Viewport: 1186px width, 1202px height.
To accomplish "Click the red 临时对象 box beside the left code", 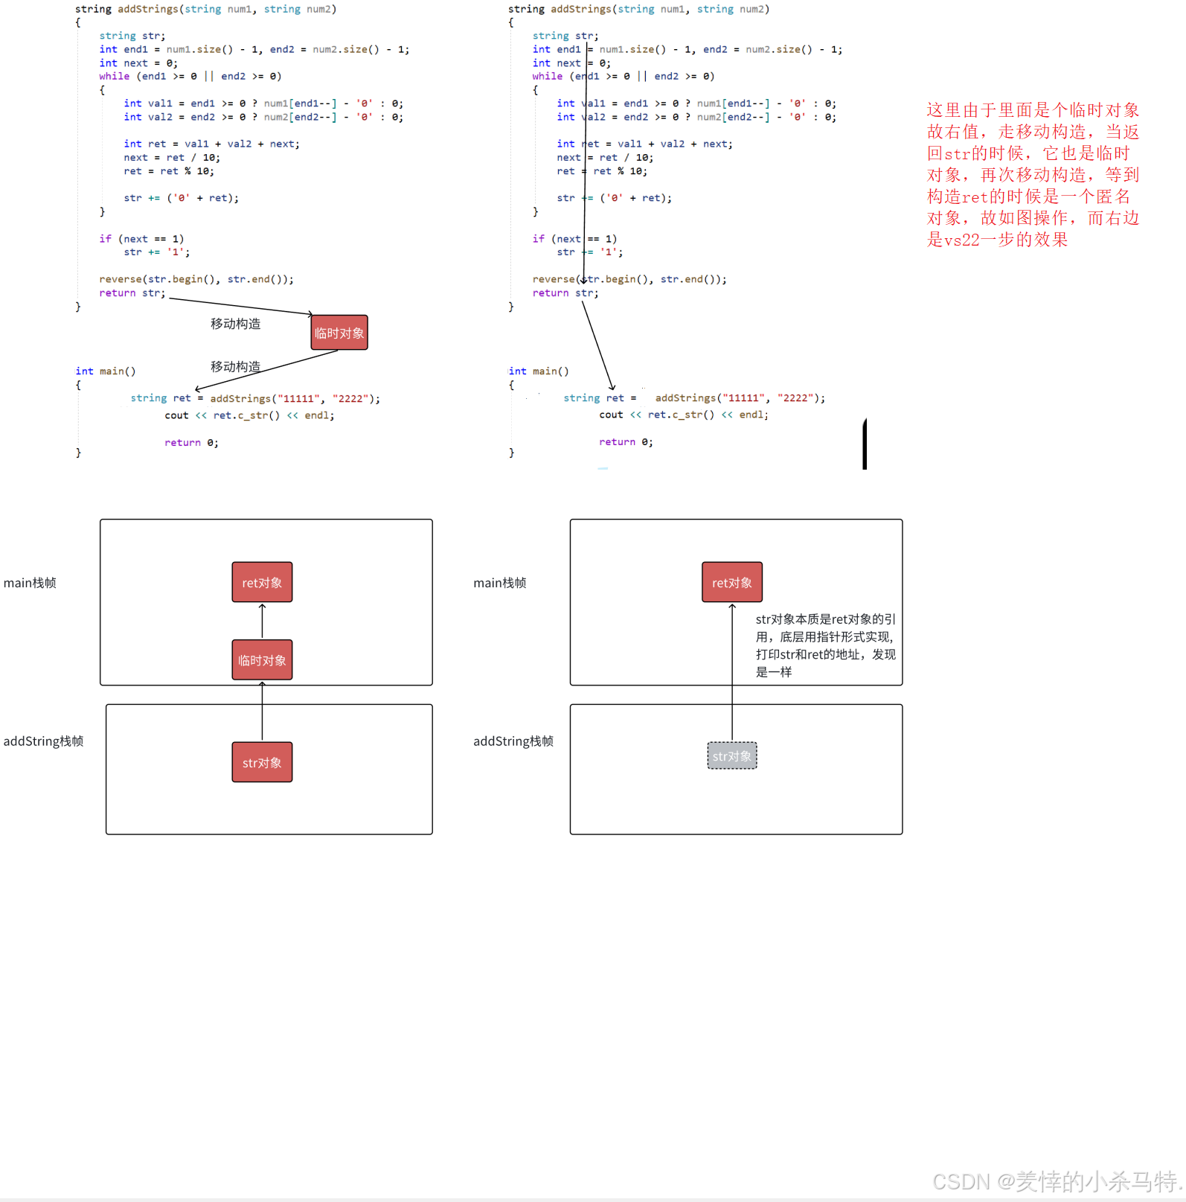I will (339, 333).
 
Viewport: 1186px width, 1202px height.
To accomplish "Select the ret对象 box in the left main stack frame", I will (262, 582).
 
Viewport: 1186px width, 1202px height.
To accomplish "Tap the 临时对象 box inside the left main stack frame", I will (262, 660).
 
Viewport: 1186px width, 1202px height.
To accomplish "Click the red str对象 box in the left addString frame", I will (262, 762).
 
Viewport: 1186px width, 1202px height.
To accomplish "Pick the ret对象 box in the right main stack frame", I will (732, 582).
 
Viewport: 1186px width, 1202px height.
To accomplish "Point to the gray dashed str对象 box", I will (732, 756).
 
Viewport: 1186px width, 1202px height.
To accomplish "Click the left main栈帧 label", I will (30, 583).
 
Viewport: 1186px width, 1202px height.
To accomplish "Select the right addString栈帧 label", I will (513, 741).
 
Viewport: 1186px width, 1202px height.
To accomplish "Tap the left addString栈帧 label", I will (43, 741).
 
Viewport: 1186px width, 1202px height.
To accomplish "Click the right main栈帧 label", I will (500, 583).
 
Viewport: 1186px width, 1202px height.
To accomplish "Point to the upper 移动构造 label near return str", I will (235, 324).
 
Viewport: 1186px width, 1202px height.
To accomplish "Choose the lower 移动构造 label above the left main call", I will (235, 366).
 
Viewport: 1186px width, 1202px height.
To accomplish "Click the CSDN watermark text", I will (1057, 1181).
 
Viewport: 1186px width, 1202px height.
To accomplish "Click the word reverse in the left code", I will (120, 279).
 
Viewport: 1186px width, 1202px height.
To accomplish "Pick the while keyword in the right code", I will (548, 76).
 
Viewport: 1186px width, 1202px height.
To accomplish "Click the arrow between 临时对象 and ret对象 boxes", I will (262, 621).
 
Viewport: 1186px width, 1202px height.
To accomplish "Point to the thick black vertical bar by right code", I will (865, 444).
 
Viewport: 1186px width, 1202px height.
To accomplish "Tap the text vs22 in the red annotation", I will (962, 240).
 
